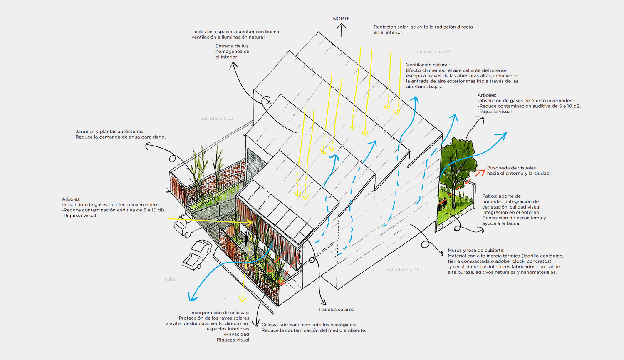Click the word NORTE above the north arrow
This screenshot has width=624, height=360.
341,19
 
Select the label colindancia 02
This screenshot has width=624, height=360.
433,52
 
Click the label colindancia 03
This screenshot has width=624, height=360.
217,119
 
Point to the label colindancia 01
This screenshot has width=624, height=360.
402,270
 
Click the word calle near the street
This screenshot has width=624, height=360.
170,279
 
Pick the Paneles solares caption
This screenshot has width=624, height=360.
337,310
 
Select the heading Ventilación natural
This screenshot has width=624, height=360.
428,65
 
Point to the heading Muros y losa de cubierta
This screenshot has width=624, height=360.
476,251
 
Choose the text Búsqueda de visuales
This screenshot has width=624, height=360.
511,168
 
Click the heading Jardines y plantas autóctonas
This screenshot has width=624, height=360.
110,132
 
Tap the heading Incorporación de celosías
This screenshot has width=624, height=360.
220,313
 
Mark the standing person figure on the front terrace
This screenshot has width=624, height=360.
246,239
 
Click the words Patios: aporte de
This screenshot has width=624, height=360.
501,196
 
